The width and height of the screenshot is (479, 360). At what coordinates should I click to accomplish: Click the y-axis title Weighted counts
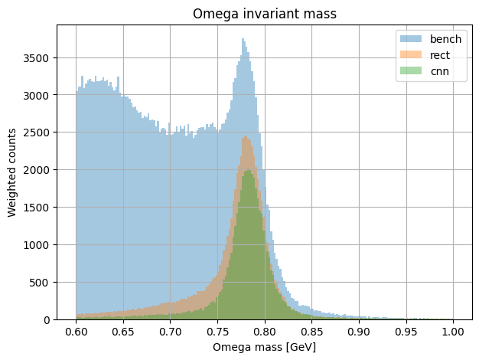point(13,172)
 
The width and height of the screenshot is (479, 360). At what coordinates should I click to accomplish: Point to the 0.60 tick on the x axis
point(77,332)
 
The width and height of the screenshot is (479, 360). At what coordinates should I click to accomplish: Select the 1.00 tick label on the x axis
point(453,332)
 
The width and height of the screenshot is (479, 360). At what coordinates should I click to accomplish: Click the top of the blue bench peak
point(243,40)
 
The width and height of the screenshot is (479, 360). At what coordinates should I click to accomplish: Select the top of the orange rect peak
point(246,137)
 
